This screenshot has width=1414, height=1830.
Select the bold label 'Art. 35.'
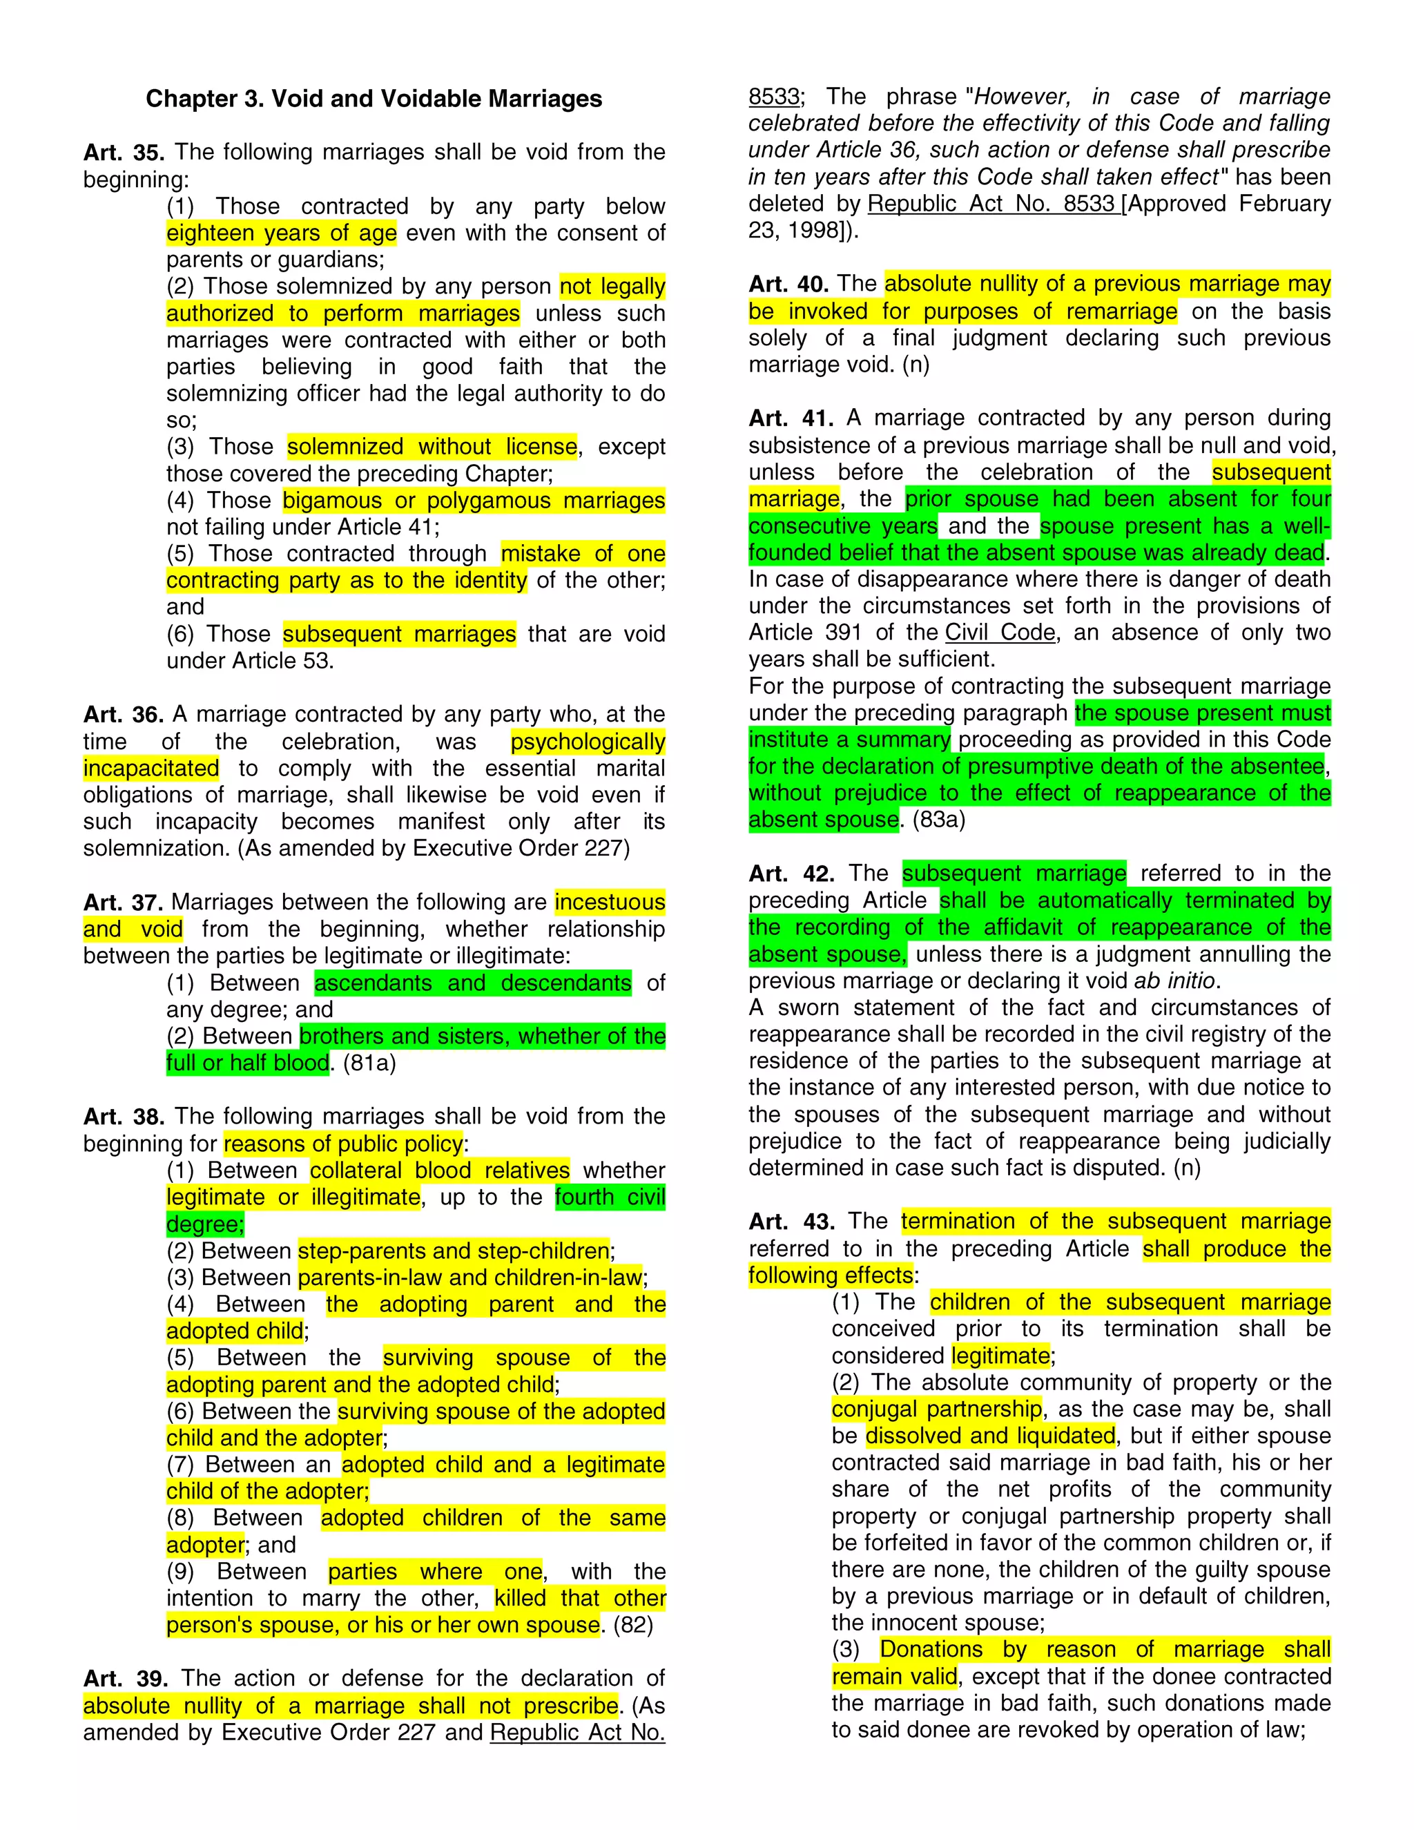123,153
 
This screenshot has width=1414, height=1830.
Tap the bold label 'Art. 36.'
123,715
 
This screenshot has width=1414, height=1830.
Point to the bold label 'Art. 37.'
122,903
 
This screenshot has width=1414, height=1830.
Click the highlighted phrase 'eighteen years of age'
282,233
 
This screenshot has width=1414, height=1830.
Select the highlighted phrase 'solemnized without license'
432,447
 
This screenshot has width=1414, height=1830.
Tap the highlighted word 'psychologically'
588,742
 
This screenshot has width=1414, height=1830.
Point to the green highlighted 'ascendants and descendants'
472,983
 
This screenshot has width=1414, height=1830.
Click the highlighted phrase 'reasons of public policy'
343,1144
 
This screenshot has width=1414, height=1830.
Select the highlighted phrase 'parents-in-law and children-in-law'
470,1278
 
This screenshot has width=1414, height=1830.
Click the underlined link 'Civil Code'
1000,633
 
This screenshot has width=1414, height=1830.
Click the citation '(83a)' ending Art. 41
939,820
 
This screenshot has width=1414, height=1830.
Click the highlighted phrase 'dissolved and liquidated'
991,1436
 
